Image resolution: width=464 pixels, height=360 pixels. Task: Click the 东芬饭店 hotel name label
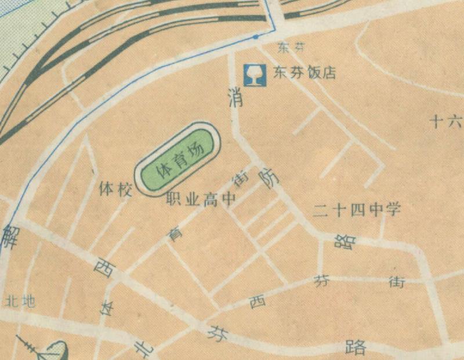[x=304, y=74]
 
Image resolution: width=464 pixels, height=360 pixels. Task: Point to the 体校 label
[x=116, y=189]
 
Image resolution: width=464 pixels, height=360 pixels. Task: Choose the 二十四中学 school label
[x=357, y=210]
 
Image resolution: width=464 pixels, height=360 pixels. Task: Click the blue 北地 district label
[x=20, y=301]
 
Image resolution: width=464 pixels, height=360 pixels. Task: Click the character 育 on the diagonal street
[x=172, y=234]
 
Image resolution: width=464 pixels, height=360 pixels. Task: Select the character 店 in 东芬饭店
[x=328, y=74]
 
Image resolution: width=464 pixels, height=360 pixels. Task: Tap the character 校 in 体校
[x=125, y=189]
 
